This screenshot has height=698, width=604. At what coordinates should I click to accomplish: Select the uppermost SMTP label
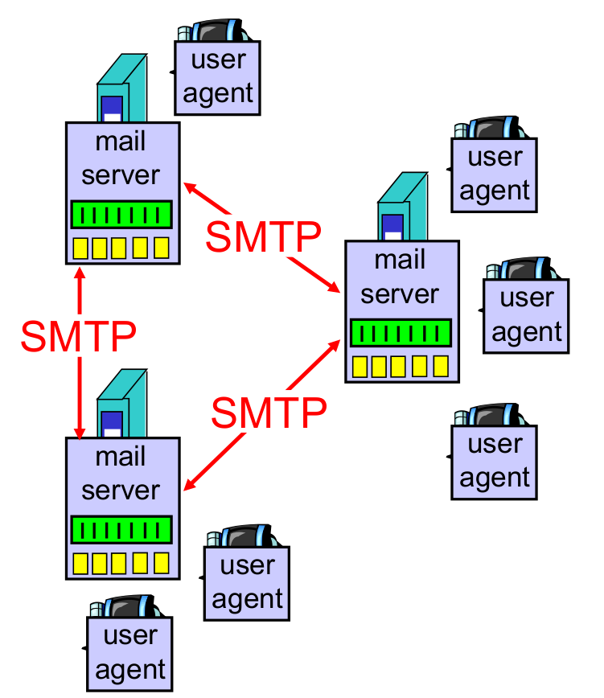[262, 235]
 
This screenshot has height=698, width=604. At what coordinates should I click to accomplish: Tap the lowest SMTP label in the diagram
[269, 413]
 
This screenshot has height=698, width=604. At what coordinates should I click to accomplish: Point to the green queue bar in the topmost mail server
[121, 215]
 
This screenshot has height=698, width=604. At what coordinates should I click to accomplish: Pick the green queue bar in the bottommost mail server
[121, 529]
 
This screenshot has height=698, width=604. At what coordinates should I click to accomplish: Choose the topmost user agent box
[218, 76]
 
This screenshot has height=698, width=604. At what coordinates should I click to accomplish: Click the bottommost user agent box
[129, 652]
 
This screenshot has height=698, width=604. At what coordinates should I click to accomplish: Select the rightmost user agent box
[526, 315]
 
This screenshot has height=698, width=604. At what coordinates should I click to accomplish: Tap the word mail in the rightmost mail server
[400, 260]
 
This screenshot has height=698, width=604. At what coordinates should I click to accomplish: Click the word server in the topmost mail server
[121, 174]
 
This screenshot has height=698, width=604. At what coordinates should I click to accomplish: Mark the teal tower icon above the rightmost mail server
[401, 207]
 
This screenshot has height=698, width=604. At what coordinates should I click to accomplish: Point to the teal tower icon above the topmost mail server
[121, 88]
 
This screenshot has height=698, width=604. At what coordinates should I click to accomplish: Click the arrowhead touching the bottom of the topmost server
[79, 272]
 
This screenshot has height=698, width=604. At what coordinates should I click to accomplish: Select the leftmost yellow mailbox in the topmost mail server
[80, 248]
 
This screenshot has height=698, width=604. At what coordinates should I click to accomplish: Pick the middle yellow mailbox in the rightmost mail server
[401, 367]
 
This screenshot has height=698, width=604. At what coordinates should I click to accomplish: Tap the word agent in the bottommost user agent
[129, 669]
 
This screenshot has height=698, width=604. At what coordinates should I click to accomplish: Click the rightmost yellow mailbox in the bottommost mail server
[162, 562]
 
